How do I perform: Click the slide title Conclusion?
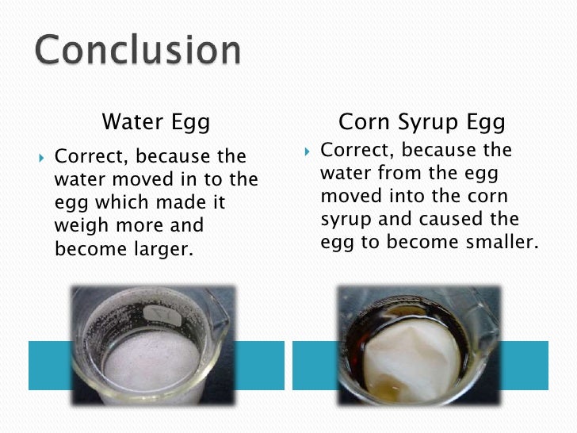tap(137, 51)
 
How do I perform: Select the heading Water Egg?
tap(156, 122)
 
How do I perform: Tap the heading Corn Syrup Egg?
tap(422, 122)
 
